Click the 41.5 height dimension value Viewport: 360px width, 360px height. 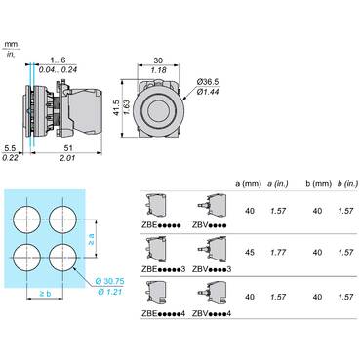117,107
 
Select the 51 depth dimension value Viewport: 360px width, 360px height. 68,148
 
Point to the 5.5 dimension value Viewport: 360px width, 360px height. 10,148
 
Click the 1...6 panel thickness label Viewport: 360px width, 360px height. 58,60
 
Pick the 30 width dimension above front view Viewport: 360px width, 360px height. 158,60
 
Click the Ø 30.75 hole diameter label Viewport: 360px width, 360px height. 109,281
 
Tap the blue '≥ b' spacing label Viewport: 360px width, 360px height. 45,294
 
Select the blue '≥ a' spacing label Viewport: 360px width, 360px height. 92,239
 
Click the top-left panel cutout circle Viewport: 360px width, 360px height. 27,220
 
